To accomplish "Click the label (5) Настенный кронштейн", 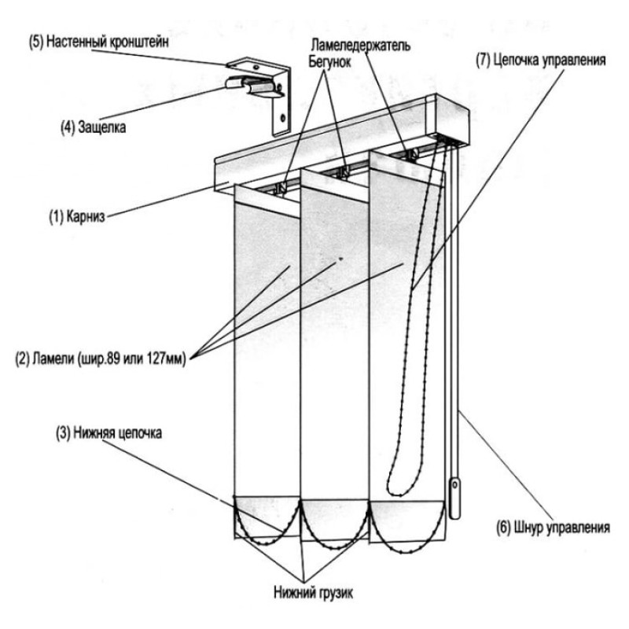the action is [99, 42].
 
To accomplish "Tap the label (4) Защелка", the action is [93, 127].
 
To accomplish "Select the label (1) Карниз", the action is [77, 217].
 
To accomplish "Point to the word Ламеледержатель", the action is [361, 45].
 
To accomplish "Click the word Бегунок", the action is [329, 62].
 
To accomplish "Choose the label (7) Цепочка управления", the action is [541, 61].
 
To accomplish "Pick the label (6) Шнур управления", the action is [554, 527].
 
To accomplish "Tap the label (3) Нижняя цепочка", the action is [109, 433].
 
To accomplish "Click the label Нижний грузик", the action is [314, 593].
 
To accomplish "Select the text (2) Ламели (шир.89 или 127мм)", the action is [101, 359].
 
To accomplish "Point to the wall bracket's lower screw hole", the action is [284, 118].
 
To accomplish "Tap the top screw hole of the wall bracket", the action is [255, 66].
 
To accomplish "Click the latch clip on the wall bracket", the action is [254, 86].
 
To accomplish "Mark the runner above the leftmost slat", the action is [282, 186].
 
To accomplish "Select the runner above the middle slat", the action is [344, 171].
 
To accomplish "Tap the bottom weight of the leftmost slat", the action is [267, 517].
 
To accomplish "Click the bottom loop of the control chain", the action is [395, 493].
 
